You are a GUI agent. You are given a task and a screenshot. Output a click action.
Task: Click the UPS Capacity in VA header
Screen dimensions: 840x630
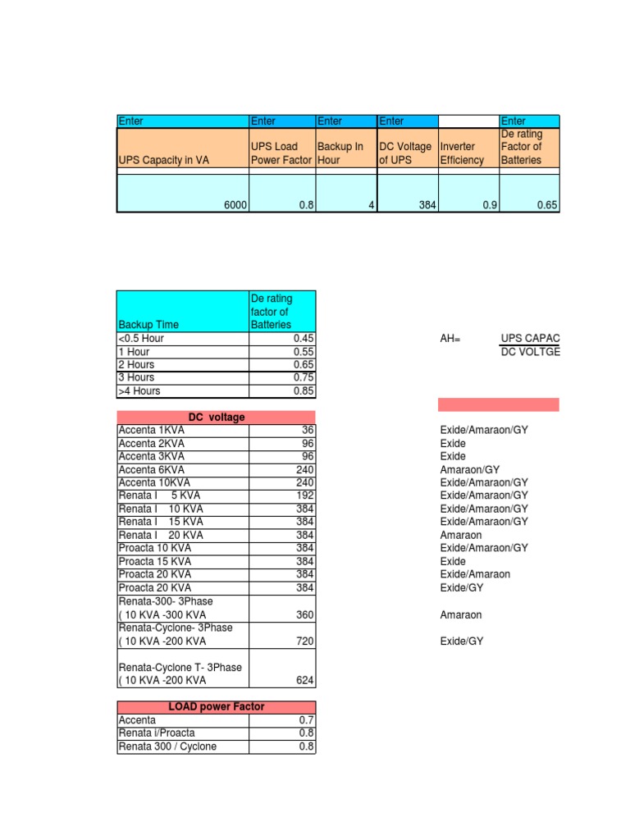tap(164, 160)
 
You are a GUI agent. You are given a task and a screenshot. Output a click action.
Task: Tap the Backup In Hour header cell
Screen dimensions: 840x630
tap(340, 153)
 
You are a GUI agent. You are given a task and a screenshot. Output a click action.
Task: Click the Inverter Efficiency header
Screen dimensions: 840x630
tap(462, 153)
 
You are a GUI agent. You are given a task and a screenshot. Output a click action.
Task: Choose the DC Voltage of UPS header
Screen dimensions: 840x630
tap(404, 153)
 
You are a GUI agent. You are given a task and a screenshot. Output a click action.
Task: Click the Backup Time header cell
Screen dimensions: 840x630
tap(148, 325)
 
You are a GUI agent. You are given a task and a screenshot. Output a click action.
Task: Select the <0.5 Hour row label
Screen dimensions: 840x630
tap(142, 338)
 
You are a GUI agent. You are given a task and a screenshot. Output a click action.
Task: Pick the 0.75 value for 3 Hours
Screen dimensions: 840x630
tap(303, 377)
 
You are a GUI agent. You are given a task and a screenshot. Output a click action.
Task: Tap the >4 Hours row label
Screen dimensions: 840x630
tap(139, 390)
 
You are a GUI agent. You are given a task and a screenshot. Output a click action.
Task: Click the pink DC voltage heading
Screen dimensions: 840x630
tap(216, 417)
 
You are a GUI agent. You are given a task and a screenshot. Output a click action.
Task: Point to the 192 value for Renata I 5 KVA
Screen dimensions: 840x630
tap(305, 495)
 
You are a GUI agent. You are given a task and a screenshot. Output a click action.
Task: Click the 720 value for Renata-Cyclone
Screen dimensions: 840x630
tap(305, 641)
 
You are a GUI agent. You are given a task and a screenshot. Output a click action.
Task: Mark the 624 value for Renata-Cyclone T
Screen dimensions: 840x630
tap(305, 680)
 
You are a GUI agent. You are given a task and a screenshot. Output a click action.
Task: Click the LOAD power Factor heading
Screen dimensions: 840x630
tap(216, 706)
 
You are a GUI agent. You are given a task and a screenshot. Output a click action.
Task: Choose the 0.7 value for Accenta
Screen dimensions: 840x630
tap(307, 719)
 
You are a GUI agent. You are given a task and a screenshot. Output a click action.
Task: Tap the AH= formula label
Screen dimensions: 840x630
tap(451, 339)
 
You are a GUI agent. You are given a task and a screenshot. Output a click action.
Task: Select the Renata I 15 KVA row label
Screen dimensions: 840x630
tap(161, 522)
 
